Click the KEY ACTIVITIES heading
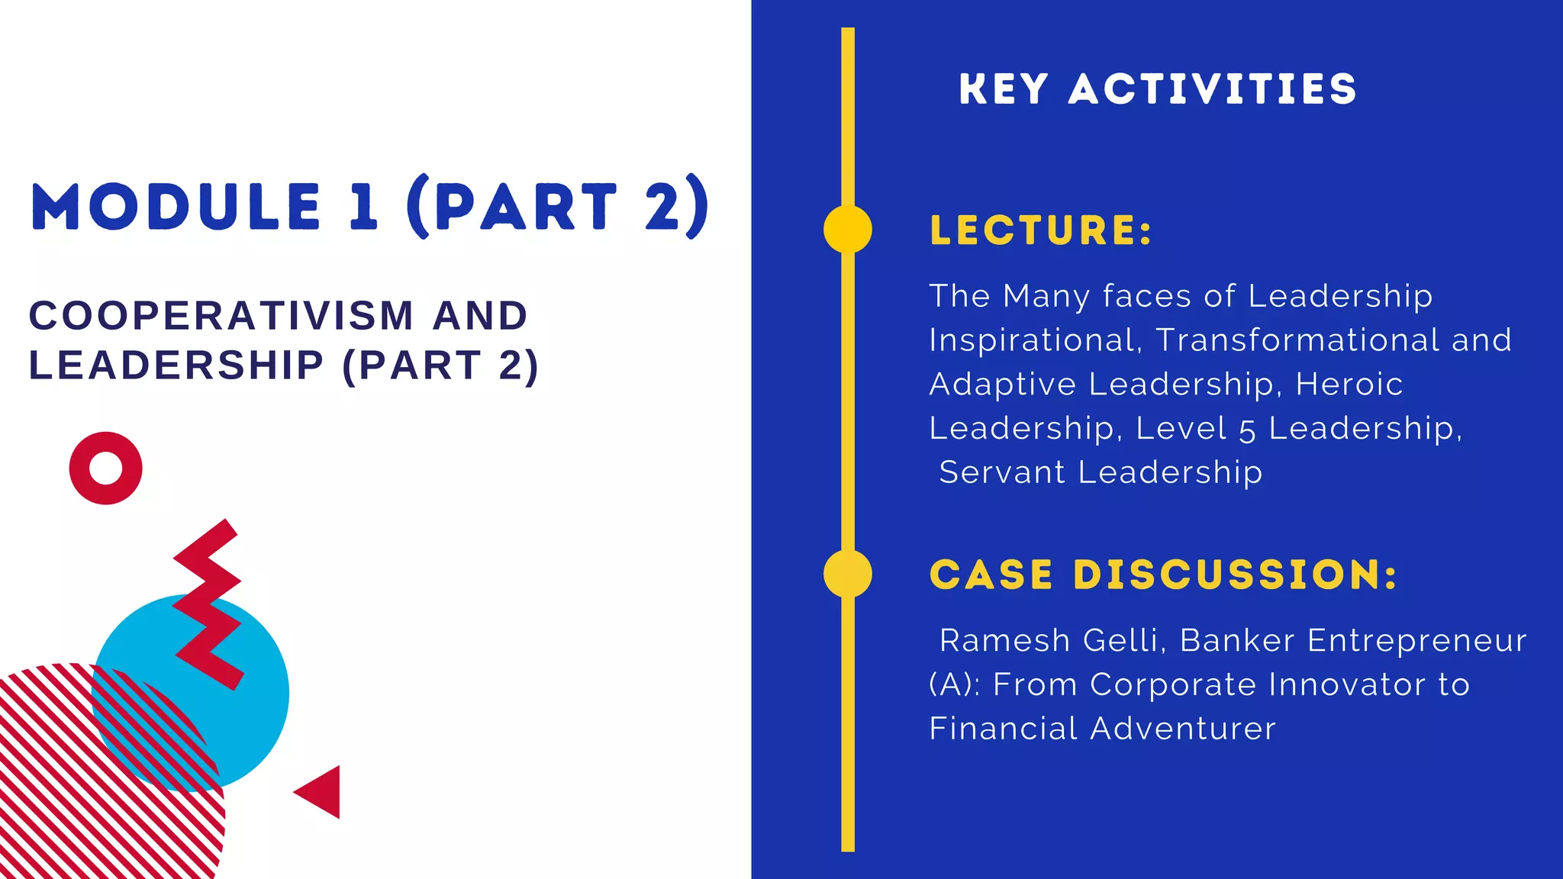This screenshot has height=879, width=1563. (x=1158, y=89)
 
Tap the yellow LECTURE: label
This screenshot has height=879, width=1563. (x=1041, y=230)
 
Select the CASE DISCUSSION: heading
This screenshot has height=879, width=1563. (x=1163, y=575)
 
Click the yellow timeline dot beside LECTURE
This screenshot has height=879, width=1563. (x=848, y=229)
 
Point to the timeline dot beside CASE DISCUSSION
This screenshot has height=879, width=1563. (x=848, y=574)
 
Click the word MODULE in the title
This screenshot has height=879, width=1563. (x=176, y=208)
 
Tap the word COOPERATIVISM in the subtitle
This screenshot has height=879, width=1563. (x=221, y=316)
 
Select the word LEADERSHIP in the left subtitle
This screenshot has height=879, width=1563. (x=176, y=365)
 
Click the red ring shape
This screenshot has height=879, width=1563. (x=106, y=468)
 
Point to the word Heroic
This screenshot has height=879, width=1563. (x=1349, y=385)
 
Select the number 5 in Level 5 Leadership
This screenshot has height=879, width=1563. (x=1247, y=430)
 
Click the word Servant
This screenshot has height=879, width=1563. (x=1001, y=472)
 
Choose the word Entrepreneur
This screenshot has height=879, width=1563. (x=1416, y=641)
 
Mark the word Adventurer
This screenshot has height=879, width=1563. (x=1182, y=729)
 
